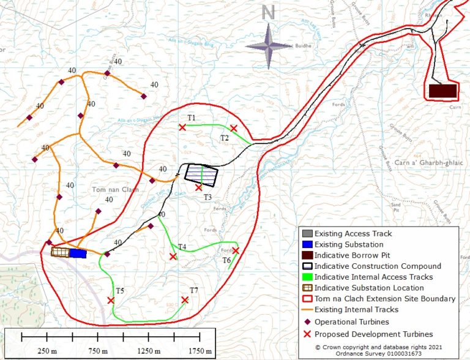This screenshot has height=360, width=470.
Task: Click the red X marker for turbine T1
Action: coord(182,127)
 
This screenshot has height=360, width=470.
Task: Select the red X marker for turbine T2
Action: coord(234,128)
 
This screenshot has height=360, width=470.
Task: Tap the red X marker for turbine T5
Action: coord(111,300)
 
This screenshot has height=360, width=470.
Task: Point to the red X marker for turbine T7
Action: coord(185,299)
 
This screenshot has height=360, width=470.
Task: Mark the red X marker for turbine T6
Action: coord(236,250)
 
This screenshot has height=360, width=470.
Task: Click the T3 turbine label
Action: coord(207,197)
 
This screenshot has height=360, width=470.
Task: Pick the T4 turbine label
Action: coord(182,247)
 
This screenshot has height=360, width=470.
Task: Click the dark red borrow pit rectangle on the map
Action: coord(443,91)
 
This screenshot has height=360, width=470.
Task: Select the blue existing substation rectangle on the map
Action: coord(78,253)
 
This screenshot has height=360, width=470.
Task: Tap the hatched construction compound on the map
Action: coord(201,174)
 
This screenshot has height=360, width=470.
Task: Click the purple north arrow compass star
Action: coord(268,47)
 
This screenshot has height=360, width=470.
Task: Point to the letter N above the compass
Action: coord(268,12)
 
